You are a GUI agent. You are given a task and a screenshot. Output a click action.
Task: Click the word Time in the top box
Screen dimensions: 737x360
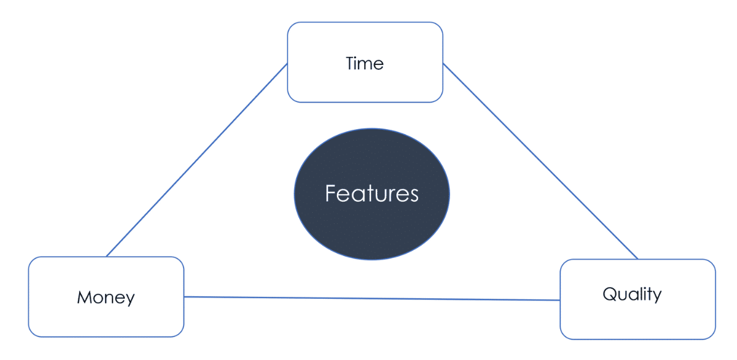(x=365, y=63)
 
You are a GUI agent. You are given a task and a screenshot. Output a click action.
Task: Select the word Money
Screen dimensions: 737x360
(x=106, y=298)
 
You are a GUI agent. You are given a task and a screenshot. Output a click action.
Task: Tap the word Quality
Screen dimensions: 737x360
(x=632, y=294)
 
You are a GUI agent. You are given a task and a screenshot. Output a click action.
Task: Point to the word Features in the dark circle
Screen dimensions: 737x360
(x=372, y=193)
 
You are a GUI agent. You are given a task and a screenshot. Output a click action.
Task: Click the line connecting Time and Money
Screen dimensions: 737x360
(x=197, y=160)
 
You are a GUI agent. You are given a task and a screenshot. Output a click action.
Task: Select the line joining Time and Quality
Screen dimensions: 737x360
(x=540, y=161)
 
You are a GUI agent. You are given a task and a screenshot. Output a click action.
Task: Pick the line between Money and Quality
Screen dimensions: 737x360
(x=372, y=298)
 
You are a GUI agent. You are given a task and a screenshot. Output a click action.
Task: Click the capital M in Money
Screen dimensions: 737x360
(x=84, y=297)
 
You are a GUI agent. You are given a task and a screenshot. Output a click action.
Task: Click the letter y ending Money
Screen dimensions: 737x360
(x=130, y=300)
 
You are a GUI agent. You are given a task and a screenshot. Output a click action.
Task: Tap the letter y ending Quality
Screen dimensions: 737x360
(x=657, y=296)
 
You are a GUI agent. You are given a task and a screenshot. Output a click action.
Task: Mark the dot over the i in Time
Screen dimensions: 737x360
(x=358, y=58)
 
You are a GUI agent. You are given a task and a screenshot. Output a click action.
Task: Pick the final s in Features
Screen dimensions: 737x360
(x=414, y=196)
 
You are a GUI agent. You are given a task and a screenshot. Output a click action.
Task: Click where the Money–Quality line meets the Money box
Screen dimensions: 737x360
(x=184, y=296)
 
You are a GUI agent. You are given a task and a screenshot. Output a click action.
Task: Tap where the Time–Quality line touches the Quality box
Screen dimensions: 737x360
(x=638, y=259)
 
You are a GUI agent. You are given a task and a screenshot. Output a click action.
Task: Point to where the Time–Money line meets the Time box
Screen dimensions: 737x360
(x=287, y=64)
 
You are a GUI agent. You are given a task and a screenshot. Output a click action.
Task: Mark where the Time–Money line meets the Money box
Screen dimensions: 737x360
(x=106, y=257)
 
